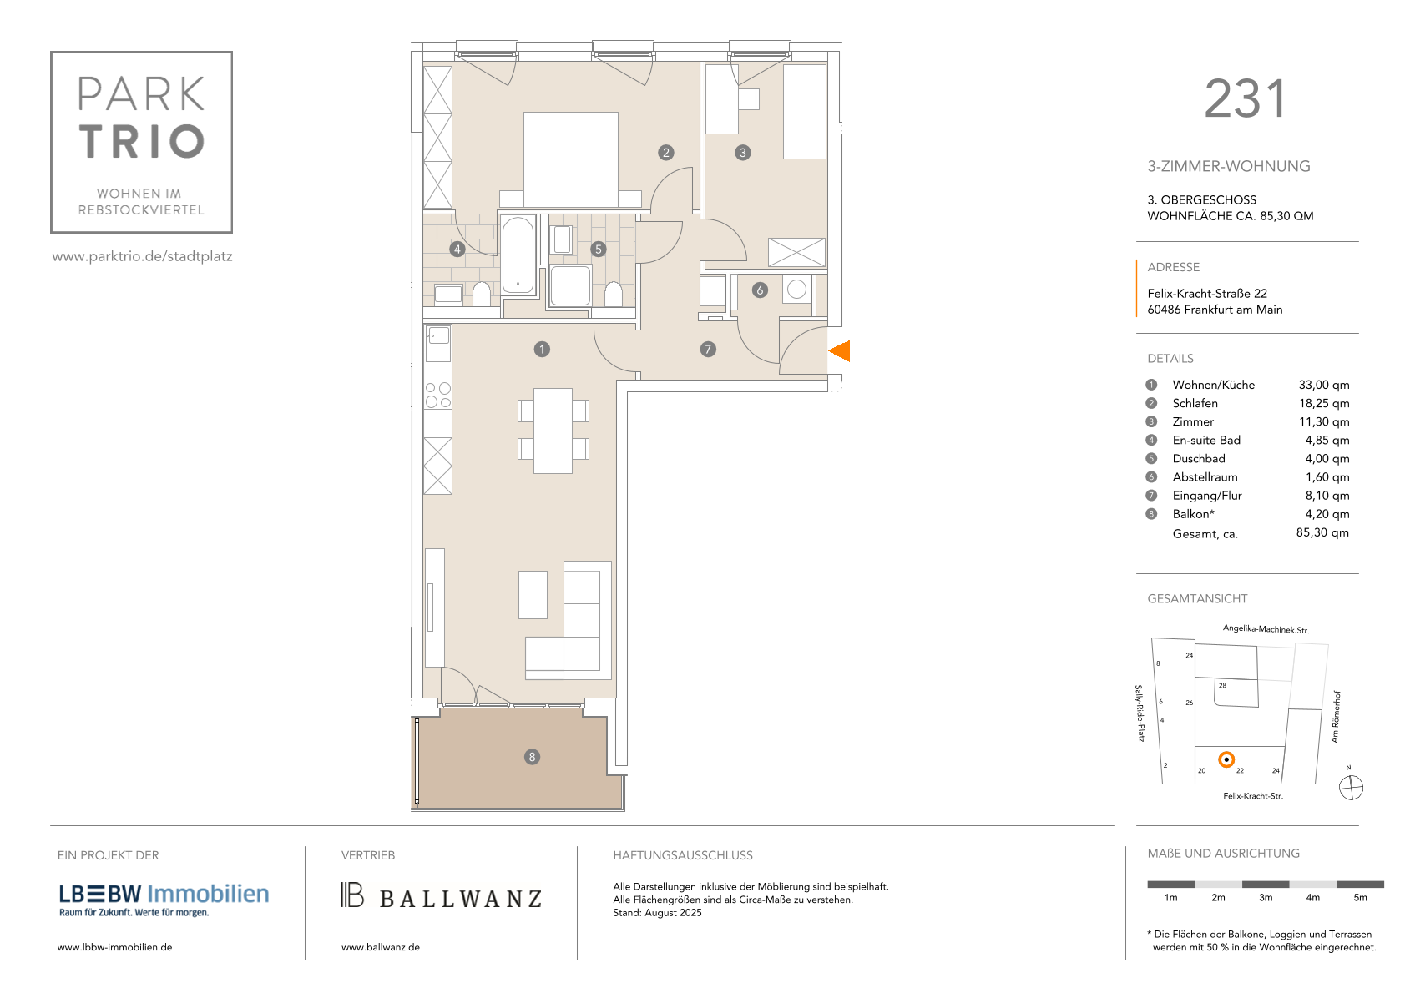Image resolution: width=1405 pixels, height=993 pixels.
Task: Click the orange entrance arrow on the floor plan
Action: tap(840, 351)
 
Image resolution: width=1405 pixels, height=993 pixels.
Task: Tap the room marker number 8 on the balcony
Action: tap(532, 757)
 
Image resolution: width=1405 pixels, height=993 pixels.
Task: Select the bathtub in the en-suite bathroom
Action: tap(518, 255)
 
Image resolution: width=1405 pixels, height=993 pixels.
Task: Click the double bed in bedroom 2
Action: tap(571, 160)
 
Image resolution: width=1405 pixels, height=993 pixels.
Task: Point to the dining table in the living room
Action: tap(553, 431)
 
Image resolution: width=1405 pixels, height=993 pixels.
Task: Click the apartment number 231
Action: tap(1246, 98)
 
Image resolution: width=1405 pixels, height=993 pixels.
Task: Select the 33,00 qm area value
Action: tap(1323, 385)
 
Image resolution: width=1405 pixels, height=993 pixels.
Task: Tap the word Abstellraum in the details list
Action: tap(1205, 477)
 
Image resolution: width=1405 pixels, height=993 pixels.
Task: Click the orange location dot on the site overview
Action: tap(1226, 760)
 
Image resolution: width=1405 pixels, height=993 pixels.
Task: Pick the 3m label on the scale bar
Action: tap(1266, 898)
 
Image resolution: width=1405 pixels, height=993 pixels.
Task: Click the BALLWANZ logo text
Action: tap(460, 899)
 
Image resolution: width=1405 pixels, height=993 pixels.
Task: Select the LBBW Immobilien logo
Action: tap(164, 900)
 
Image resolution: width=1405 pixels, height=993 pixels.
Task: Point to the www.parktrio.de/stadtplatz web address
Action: tap(143, 256)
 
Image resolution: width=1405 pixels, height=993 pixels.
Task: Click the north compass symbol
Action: tap(1351, 788)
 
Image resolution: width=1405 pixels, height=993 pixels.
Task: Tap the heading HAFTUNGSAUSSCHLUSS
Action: tap(682, 855)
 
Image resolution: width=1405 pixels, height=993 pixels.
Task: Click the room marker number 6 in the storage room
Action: tap(760, 290)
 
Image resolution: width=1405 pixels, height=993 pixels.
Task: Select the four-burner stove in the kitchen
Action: tap(437, 395)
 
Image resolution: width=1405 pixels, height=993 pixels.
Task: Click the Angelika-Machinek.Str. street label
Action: tap(1266, 629)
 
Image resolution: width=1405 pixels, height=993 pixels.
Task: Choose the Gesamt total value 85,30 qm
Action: tap(1322, 533)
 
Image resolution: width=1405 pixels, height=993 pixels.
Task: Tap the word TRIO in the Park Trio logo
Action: tap(142, 141)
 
